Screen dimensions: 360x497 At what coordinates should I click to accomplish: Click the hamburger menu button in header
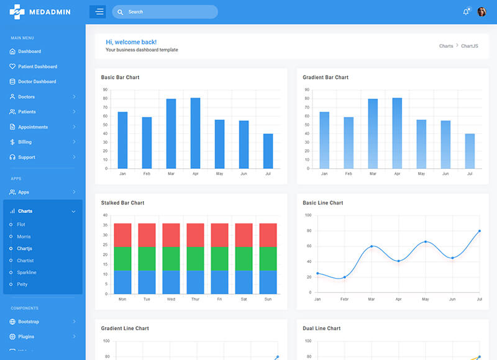click(98, 12)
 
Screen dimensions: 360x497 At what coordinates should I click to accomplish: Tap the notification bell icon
click(466, 12)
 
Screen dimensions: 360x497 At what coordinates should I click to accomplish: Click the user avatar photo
click(481, 12)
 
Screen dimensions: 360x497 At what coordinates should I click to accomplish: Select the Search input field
click(168, 12)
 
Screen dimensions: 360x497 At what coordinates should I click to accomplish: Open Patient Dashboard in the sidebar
click(37, 66)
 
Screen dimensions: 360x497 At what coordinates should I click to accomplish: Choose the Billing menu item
click(25, 142)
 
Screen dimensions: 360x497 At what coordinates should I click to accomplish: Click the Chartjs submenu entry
click(25, 248)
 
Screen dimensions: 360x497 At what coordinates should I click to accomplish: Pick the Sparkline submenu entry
click(27, 272)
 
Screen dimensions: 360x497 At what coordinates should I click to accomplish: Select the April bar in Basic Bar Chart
click(195, 133)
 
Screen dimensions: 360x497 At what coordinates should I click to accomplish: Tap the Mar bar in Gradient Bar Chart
click(373, 133)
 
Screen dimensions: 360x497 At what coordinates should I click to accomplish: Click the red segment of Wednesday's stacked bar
click(171, 235)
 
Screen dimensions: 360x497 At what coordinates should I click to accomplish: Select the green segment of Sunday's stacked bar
click(268, 259)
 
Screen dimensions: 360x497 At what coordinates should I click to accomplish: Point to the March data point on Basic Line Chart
click(372, 246)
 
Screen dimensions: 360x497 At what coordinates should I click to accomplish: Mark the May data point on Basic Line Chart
click(426, 241)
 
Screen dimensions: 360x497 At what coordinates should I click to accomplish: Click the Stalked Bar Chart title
click(122, 203)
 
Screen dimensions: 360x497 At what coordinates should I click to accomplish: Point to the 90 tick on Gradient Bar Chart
click(307, 90)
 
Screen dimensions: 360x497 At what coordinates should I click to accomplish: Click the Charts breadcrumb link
click(446, 46)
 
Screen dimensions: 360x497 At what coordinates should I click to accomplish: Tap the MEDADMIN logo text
click(53, 12)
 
